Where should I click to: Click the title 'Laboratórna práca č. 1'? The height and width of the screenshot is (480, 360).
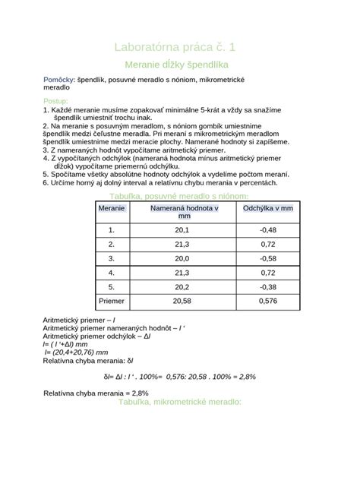coord(180,46)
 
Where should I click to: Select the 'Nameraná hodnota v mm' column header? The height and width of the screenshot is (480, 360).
coord(182,212)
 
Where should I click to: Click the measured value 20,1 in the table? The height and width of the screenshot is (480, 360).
coord(182,230)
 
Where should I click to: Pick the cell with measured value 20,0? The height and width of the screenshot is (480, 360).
coord(182,258)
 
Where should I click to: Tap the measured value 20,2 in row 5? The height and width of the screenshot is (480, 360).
coord(182,287)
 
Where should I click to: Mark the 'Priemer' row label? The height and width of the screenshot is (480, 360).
coord(112,302)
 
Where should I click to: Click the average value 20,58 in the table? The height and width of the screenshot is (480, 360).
coord(182,302)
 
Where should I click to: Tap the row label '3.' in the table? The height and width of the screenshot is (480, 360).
coord(112,258)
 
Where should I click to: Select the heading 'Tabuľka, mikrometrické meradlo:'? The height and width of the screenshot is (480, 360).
coord(179,402)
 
